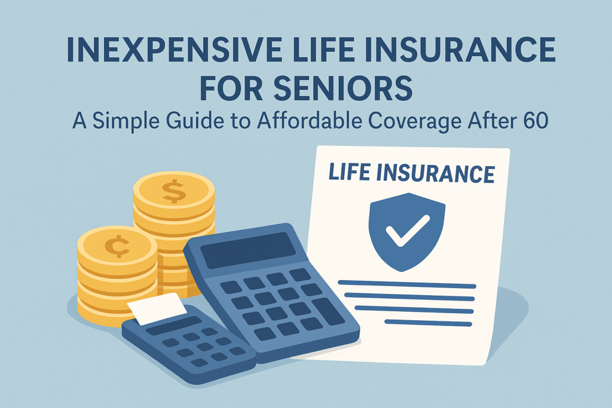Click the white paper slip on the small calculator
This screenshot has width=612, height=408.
pyautogui.click(x=157, y=307)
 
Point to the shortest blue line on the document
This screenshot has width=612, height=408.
pyautogui.click(x=428, y=323)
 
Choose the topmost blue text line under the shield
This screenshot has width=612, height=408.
pyautogui.click(x=406, y=283)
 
